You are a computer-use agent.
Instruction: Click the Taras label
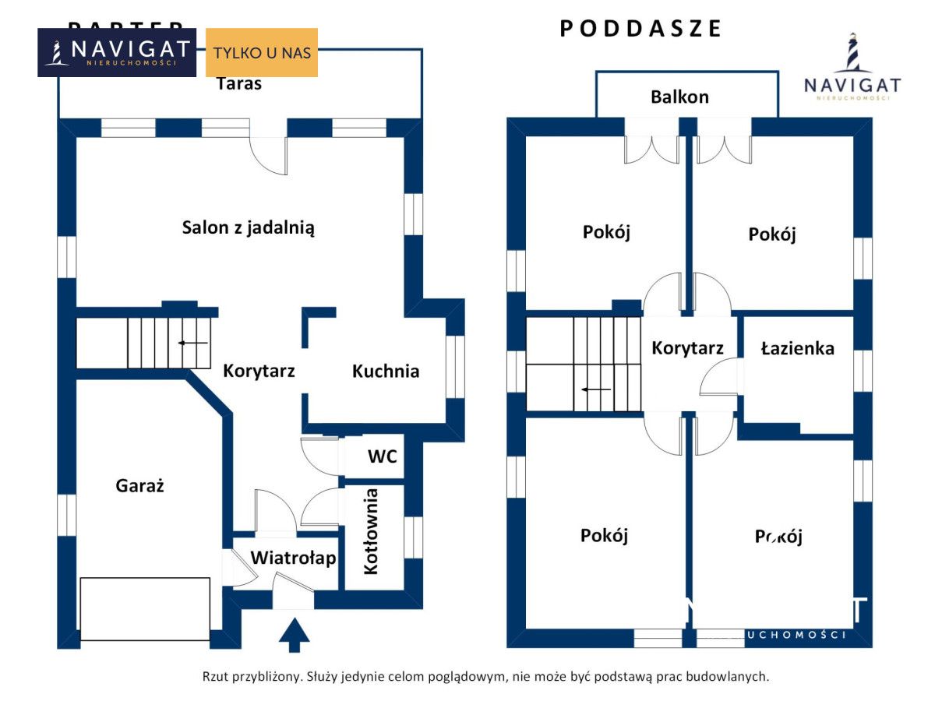238,84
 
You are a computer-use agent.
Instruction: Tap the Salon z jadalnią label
248,228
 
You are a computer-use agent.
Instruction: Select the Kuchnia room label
386,372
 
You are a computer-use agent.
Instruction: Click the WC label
383,456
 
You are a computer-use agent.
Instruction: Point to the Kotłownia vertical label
372,531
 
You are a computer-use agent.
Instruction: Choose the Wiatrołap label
293,558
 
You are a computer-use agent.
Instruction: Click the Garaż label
140,486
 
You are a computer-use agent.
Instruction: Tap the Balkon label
679,97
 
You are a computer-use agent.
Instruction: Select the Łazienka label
797,348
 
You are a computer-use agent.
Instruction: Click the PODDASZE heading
641,29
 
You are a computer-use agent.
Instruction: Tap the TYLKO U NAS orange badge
262,53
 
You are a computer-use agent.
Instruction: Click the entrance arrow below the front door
294,634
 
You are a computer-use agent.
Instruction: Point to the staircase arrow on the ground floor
192,343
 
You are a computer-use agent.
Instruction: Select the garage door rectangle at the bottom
145,608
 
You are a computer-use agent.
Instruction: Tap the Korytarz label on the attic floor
687,348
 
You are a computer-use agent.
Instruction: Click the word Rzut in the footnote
217,677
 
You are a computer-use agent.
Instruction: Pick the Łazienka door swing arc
717,382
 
